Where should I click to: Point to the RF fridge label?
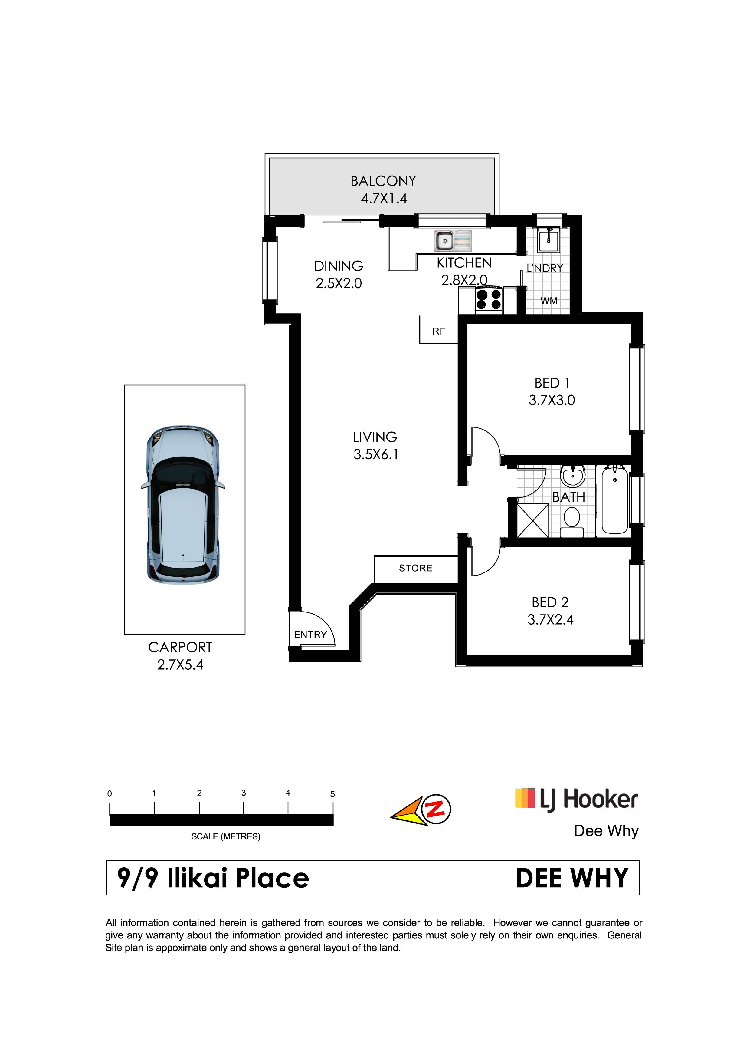(x=439, y=331)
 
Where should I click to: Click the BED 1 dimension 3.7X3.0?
(x=552, y=400)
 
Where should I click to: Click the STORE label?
(x=415, y=568)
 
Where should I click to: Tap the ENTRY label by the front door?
(x=310, y=635)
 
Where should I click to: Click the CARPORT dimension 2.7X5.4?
(x=180, y=665)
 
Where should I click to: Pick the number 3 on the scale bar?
(x=244, y=793)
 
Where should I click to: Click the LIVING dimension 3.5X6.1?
(x=376, y=454)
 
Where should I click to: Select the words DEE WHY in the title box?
(x=572, y=878)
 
